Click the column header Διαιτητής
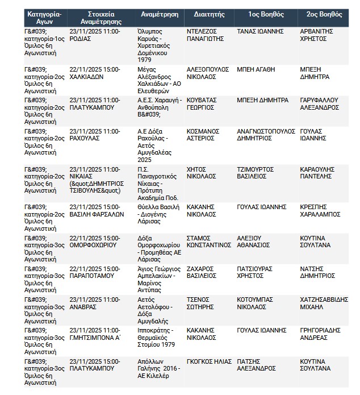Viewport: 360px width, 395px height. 209,14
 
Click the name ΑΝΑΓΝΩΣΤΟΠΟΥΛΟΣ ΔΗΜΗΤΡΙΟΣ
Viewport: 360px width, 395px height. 263,134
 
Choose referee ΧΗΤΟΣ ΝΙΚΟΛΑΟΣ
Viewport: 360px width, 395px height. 201,173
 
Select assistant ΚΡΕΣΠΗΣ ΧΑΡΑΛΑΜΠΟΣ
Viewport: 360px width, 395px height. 319,211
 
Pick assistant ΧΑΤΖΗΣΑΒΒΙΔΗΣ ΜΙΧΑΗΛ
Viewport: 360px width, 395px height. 323,303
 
